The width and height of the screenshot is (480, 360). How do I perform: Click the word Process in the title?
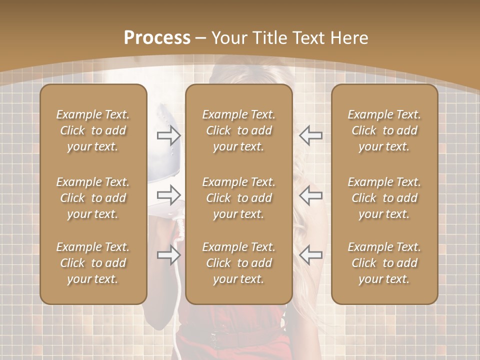point(157,38)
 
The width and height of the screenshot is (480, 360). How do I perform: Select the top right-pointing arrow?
point(169,135)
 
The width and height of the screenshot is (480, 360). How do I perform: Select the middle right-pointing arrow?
point(169,195)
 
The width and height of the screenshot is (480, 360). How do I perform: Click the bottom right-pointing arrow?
point(169,255)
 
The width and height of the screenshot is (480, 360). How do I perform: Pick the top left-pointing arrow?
point(310,135)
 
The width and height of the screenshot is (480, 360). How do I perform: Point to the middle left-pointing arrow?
point(310,195)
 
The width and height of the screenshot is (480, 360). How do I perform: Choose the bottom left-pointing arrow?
point(310,255)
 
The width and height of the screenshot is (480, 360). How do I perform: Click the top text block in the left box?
point(93,130)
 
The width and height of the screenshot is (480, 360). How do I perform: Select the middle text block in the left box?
point(93,198)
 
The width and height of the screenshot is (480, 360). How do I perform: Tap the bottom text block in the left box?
point(93,263)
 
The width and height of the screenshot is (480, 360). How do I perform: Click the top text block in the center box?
point(238,130)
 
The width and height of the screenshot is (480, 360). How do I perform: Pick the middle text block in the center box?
point(238,198)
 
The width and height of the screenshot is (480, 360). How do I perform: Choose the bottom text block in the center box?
point(238,263)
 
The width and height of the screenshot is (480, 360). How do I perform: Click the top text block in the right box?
point(384,130)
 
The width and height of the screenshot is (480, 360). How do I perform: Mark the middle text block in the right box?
point(384,198)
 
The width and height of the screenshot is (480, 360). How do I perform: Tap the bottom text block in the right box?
point(384,263)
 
